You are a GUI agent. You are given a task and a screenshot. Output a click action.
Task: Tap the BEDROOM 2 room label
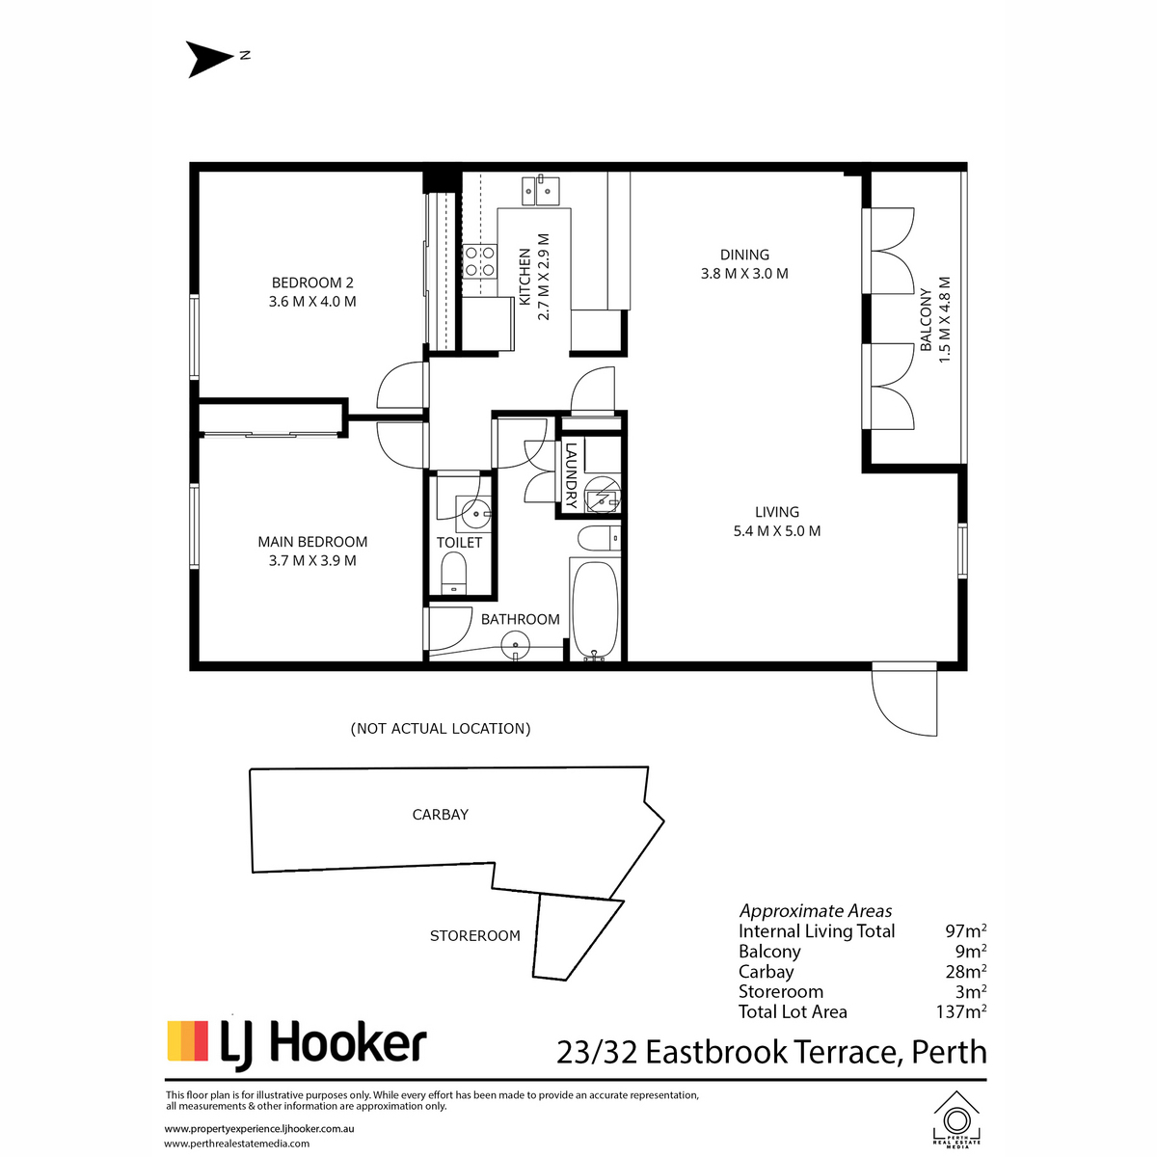[x=312, y=283]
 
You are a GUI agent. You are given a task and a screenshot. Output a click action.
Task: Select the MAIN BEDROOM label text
[x=312, y=542]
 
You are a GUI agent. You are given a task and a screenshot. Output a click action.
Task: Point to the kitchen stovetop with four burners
[x=480, y=262]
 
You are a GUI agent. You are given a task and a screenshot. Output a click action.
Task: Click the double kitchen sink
[x=540, y=190]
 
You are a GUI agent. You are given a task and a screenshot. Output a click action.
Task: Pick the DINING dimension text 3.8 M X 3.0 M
[x=744, y=274]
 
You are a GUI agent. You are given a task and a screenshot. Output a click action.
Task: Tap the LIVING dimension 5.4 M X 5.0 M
[x=777, y=530]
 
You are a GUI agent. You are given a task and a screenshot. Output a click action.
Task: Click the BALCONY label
[x=926, y=319]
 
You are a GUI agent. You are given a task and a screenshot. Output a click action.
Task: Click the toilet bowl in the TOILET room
[x=454, y=573]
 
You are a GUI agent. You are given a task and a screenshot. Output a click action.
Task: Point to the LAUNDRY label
[x=571, y=475]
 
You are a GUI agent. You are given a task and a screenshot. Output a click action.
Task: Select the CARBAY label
[x=440, y=814]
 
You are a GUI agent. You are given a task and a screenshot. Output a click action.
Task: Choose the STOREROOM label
[x=475, y=935]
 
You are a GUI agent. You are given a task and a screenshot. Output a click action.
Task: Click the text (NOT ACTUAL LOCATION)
[x=441, y=728]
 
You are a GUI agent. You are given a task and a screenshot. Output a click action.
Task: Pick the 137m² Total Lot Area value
[x=960, y=1011]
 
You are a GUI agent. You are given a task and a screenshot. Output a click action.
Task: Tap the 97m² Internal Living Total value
[x=965, y=931]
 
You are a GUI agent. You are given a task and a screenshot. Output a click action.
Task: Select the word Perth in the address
[x=950, y=1053]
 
